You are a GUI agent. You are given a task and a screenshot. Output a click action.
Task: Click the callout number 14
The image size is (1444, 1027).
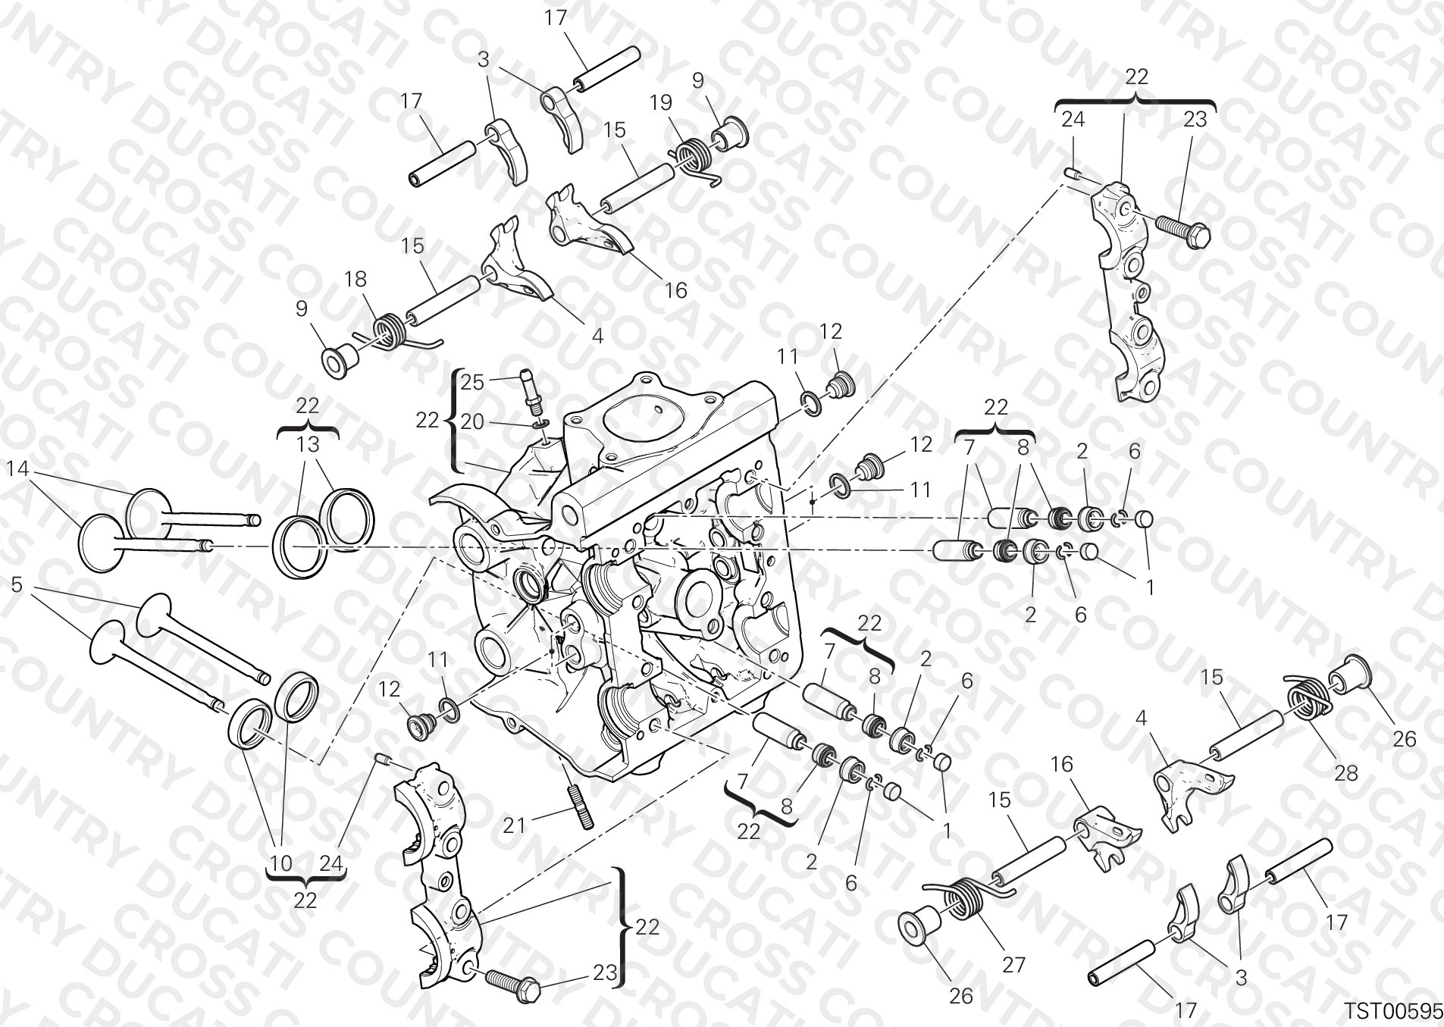[x=17, y=470]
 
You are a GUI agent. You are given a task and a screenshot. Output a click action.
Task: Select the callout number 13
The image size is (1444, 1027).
[x=308, y=444]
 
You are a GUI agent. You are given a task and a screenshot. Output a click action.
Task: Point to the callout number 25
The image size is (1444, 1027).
[x=472, y=382]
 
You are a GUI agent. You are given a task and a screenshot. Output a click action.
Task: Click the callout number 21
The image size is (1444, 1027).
[x=514, y=825]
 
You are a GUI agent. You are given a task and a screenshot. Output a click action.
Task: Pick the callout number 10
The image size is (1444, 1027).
[x=280, y=863]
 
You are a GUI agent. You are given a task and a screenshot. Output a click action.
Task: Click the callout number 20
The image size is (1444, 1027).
[x=472, y=421]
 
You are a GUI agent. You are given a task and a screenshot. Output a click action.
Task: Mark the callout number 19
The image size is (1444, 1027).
[x=661, y=102]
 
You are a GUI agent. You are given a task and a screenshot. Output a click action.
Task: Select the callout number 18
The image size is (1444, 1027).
[x=355, y=280]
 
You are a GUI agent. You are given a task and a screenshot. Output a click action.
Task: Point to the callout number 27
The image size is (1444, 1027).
[x=1013, y=964]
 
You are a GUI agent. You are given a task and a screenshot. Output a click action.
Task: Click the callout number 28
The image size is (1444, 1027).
[x=1346, y=773]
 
